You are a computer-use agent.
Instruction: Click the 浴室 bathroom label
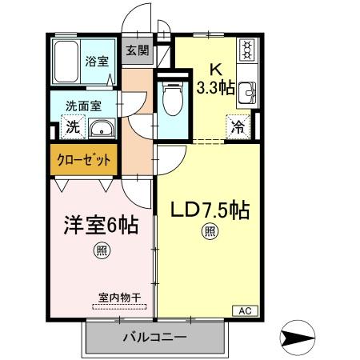98,61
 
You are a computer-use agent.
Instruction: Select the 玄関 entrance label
137,50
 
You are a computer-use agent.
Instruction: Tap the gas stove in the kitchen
246,52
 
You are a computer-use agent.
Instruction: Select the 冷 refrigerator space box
238,126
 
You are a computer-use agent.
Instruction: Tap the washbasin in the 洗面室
101,129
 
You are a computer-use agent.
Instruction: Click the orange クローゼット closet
84,158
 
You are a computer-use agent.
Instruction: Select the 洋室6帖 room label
100,225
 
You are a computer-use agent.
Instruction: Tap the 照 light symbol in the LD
209,233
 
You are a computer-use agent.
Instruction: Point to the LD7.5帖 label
210,210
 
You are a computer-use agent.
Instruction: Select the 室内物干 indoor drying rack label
120,298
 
